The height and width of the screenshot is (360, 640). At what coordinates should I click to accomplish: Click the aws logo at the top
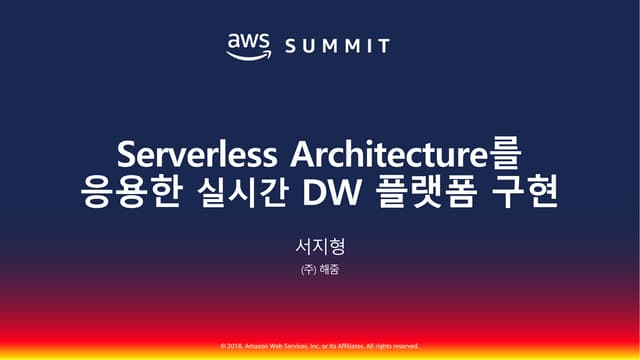(250, 44)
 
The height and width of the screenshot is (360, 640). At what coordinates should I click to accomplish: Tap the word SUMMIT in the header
(337, 46)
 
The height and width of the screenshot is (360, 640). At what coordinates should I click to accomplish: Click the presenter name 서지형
(319, 244)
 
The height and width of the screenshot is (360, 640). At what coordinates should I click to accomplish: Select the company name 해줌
(328, 269)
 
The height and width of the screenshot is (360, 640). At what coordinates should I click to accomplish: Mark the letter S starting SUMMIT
(288, 46)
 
